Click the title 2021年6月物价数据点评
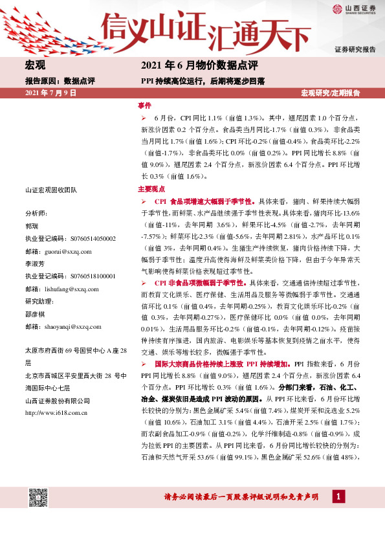pos(199,65)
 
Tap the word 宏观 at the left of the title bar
pos(35,65)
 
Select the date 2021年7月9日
pos(50,94)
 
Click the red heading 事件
pos(144,105)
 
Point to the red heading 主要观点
pos(151,190)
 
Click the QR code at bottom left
pos(39,497)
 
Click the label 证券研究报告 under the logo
pos(355,49)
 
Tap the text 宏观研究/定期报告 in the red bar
pos(331,94)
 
